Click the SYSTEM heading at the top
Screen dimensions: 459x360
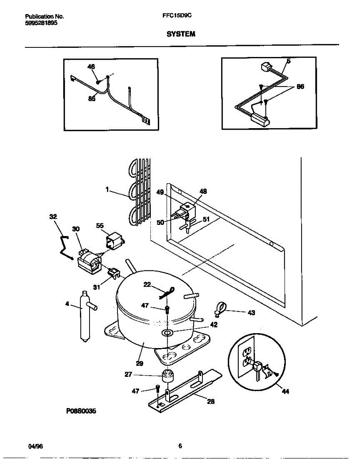[181, 34]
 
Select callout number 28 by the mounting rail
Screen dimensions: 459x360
[210, 401]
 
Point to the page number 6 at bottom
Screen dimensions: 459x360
[180, 446]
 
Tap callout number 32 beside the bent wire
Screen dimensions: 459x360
[53, 217]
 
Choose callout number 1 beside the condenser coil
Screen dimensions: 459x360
[108, 189]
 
